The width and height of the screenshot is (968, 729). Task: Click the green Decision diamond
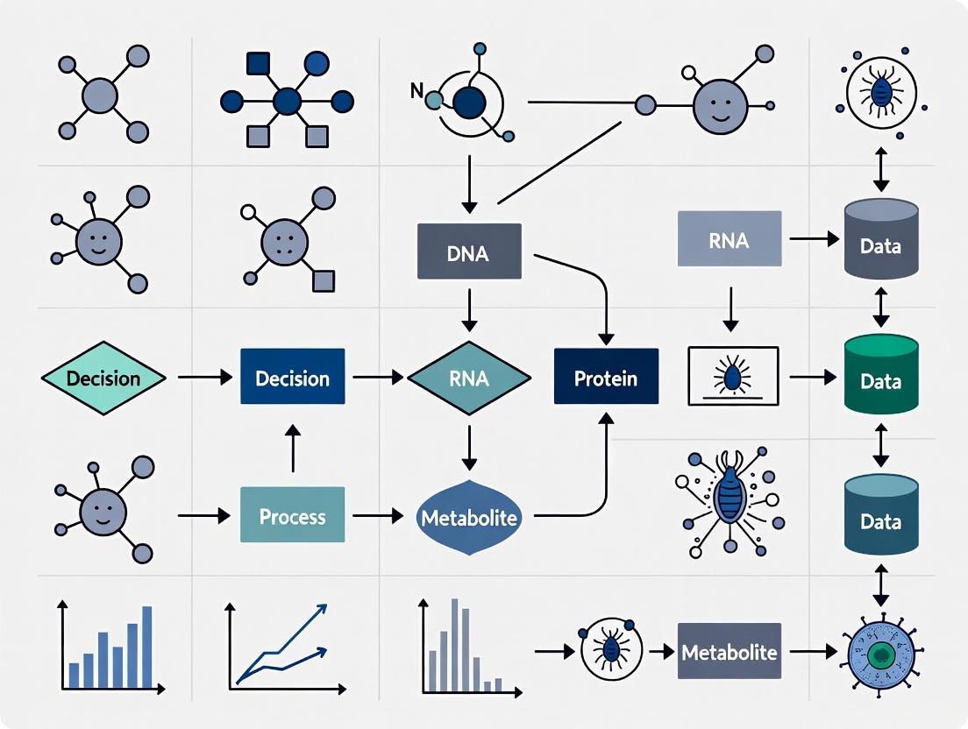[103, 379]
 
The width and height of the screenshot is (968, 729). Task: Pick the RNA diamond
[469, 378]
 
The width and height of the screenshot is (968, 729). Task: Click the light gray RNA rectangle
[729, 238]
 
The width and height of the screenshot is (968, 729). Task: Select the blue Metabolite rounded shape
[469, 517]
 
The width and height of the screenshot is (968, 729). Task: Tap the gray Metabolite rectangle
[729, 652]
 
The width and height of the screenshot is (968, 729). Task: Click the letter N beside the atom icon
[416, 88]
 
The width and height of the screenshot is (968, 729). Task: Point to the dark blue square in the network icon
[257, 63]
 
